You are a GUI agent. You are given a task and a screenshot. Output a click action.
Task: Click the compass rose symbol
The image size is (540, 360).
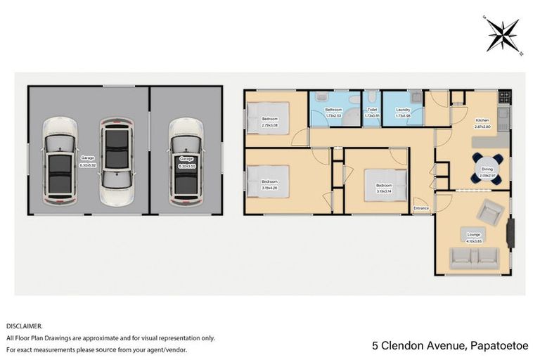tap(503, 34)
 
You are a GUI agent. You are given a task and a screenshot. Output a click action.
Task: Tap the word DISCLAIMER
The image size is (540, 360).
tap(24, 326)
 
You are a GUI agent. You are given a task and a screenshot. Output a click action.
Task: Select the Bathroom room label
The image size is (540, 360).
tap(333, 110)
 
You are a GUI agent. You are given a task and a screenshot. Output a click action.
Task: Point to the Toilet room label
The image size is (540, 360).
tap(371, 110)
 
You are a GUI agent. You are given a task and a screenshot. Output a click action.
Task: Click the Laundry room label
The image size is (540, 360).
tap(403, 110)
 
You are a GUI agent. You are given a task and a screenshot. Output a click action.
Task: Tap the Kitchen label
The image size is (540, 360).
tap(482, 120)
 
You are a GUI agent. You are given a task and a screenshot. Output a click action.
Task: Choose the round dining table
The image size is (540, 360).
tap(487, 169)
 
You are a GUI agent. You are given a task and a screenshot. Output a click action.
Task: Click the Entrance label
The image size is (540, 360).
tap(421, 208)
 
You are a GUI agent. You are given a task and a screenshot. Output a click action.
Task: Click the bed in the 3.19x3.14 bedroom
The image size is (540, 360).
tap(387, 186)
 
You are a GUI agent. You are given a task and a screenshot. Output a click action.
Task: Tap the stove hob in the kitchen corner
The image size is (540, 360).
tap(503, 96)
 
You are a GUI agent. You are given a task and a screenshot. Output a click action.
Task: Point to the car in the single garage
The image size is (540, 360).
tap(186, 157)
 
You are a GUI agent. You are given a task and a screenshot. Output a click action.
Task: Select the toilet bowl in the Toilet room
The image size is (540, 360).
tap(370, 99)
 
